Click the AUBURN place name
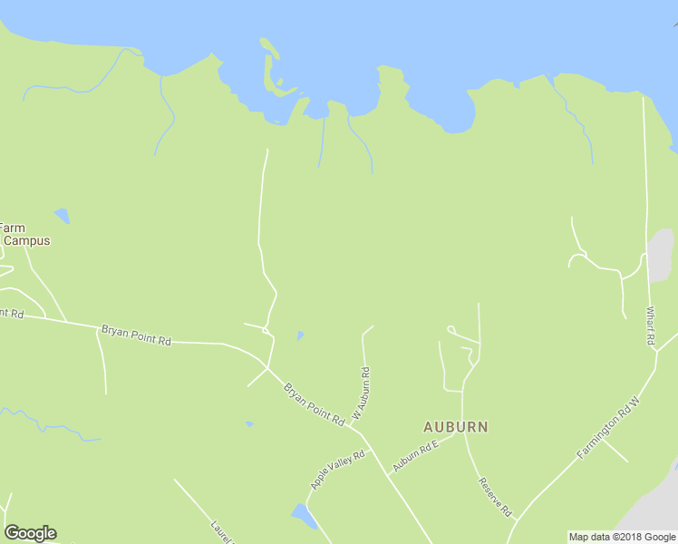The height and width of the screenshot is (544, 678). [455, 426]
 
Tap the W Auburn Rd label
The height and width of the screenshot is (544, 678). [361, 392]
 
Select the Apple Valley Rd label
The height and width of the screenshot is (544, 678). [336, 469]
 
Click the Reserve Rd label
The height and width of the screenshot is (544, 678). [496, 497]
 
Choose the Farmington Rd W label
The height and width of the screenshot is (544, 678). [608, 427]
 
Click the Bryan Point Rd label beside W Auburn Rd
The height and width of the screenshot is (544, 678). [314, 405]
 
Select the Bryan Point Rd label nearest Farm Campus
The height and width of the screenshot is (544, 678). [136, 335]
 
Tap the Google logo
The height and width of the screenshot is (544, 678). [30, 532]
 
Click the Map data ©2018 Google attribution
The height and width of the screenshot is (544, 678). [621, 537]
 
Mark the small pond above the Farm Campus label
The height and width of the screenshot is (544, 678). [62, 216]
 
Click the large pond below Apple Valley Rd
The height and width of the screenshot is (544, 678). [303, 516]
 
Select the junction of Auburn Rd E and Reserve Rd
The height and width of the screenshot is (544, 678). [463, 432]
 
